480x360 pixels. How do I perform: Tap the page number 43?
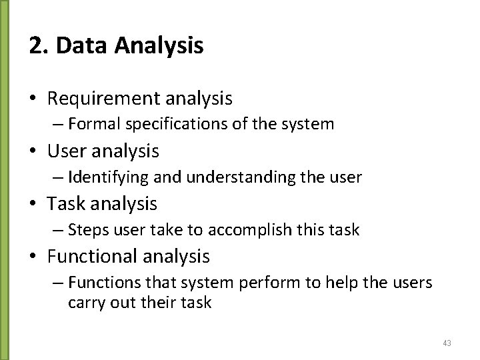[x=447, y=343]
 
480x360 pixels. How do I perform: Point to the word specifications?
[x=163, y=124]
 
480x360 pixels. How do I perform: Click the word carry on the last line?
[x=84, y=302]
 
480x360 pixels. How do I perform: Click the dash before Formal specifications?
[x=58, y=124]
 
